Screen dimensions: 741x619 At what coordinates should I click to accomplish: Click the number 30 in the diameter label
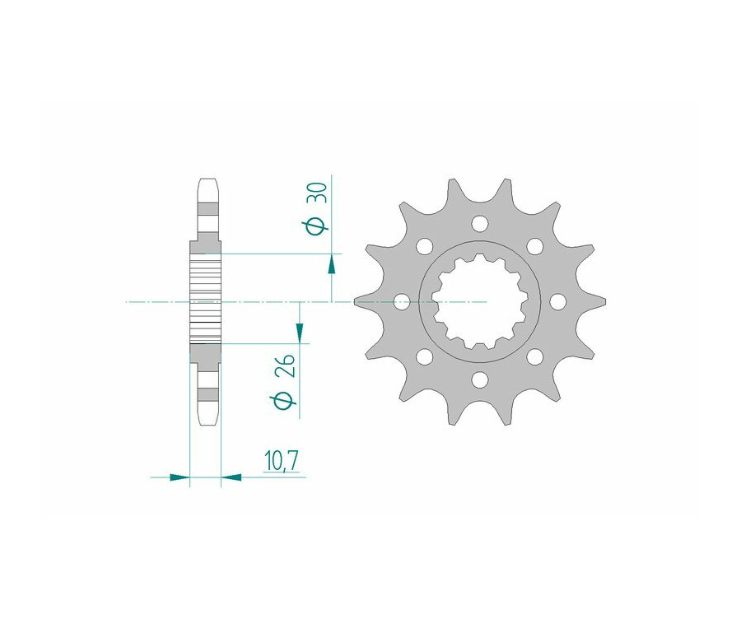point(319,193)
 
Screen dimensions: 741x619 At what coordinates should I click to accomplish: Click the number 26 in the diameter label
point(287,365)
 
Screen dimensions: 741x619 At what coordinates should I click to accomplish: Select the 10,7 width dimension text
point(282,461)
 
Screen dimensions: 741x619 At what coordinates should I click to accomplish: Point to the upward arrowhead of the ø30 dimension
point(333,263)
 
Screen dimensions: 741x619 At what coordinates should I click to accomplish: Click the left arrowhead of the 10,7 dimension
point(179,477)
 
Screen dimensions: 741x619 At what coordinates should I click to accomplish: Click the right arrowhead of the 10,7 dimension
point(231,477)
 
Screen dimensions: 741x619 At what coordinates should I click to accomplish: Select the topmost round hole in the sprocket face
point(480,223)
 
